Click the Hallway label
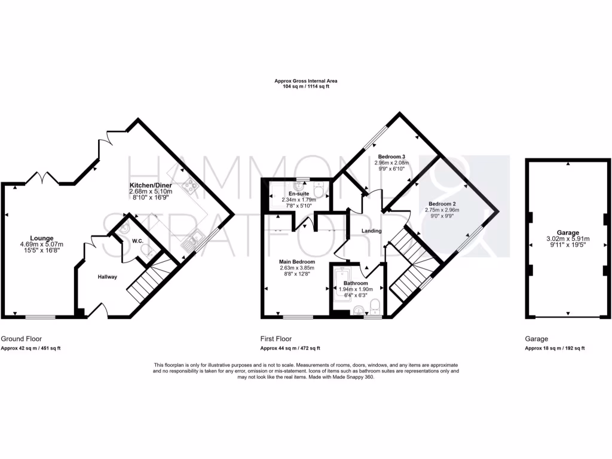click(108, 277)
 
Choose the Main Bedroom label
click(297, 261)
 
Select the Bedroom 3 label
click(391, 156)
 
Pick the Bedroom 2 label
click(439, 203)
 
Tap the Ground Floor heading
click(22, 338)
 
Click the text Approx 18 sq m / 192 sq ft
click(555, 348)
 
